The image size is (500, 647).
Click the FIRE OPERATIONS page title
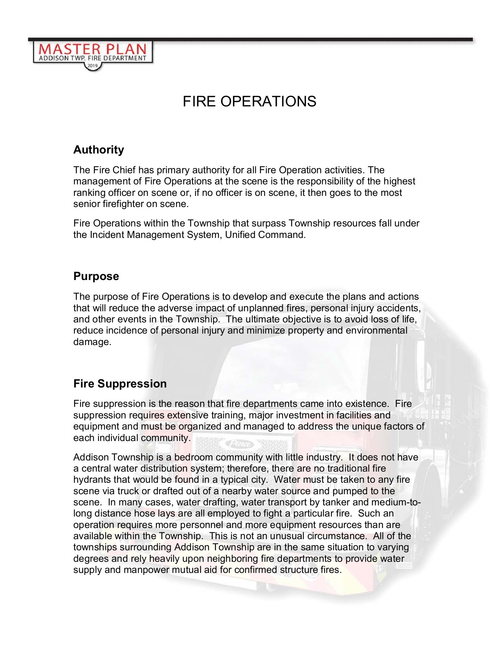249,101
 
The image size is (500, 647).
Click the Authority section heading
98,150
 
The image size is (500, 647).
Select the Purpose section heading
96,276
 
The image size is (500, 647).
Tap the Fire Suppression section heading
120,384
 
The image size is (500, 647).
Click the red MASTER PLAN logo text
93,49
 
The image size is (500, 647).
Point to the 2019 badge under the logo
93,66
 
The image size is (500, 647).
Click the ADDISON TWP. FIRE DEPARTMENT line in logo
93,58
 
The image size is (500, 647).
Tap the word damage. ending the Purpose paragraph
92,342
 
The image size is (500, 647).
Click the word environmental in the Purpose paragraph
376,330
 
